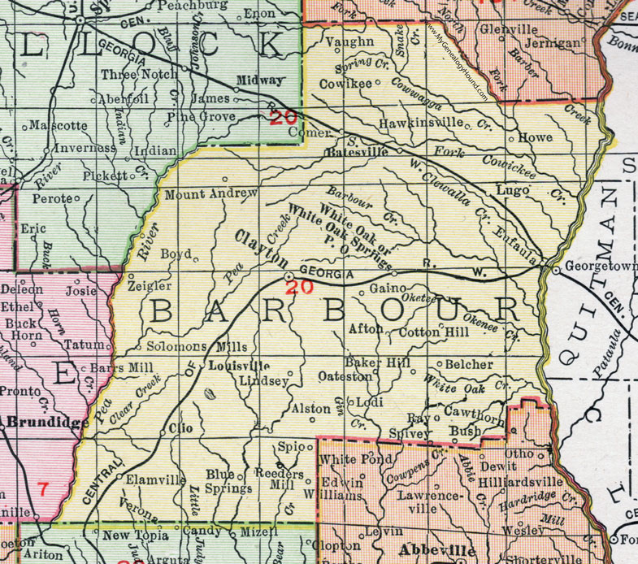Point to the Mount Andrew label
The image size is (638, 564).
point(211,194)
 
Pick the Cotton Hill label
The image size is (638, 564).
point(430,332)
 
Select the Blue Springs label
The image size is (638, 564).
point(228,482)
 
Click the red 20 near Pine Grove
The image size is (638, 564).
point(284,117)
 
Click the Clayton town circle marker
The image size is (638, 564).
point(288,277)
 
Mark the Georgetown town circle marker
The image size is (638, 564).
point(556,271)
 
